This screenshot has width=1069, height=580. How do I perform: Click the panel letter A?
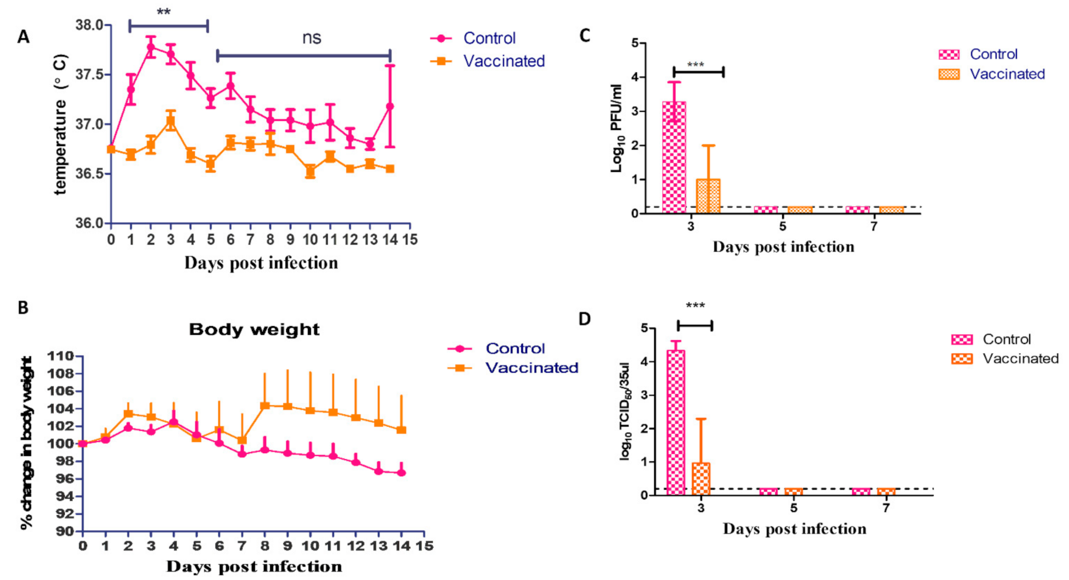point(23,37)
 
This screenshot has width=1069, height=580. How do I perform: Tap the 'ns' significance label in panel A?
point(311,38)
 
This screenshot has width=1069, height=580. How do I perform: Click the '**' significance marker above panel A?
point(163,11)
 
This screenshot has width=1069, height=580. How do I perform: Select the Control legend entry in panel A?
point(489,38)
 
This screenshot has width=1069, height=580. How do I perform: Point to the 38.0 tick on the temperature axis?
point(89,25)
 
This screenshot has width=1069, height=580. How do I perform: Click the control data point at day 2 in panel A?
point(151,48)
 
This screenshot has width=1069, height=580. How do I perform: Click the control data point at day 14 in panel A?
point(390,106)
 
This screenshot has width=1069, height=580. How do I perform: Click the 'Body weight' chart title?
point(254,329)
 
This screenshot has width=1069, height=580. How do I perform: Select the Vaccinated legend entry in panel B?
point(531,368)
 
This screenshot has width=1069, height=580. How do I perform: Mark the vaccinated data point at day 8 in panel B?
point(265,405)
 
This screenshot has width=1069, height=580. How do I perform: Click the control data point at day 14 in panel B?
point(401,473)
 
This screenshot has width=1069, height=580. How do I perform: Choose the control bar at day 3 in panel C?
point(674,157)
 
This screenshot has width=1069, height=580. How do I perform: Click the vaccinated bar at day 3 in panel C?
point(708,196)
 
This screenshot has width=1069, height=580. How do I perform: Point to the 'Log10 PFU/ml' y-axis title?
point(617,128)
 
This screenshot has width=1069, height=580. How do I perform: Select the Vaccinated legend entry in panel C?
point(1007,74)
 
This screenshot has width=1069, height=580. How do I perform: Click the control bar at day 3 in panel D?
point(676,422)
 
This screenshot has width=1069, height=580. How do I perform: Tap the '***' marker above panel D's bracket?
point(695,306)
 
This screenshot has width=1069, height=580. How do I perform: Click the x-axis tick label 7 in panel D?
point(886,508)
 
